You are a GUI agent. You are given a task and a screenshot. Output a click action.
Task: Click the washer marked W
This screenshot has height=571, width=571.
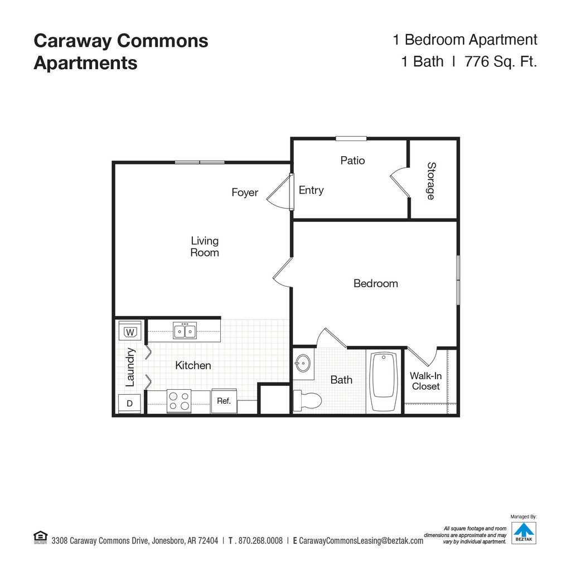coord(130,332)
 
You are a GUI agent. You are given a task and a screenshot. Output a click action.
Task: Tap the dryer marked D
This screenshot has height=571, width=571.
coord(130,403)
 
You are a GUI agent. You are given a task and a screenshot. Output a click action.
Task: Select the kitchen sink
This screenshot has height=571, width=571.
coord(185,331)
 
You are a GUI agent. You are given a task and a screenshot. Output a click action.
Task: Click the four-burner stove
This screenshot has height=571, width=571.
coord(179,401)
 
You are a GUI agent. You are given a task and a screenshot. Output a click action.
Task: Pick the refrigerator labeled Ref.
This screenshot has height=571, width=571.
coord(224,401)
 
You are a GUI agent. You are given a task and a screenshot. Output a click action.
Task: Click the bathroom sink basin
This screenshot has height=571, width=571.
coord(303,363)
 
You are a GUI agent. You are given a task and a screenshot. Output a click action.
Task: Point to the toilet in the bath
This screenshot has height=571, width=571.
coord(308,400)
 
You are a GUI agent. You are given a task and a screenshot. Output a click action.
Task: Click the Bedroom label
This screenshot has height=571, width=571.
coord(376,283)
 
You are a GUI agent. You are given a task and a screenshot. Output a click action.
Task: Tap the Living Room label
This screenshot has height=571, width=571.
coord(205,246)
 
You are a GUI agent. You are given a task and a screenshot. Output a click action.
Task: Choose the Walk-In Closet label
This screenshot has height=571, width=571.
coord(426,381)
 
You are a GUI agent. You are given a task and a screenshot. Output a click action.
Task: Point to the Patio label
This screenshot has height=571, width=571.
coord(352,161)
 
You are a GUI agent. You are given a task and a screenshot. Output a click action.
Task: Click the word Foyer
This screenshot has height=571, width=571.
coord(245,193)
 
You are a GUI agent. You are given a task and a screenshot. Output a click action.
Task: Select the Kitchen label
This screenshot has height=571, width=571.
coord(193,366)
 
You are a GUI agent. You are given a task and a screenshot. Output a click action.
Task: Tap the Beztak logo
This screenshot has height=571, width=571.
coord(524,533)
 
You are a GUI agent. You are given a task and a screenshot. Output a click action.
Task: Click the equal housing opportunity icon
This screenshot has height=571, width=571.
coord(40,538)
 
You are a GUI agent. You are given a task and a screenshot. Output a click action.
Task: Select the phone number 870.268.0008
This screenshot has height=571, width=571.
coord(260,541)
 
